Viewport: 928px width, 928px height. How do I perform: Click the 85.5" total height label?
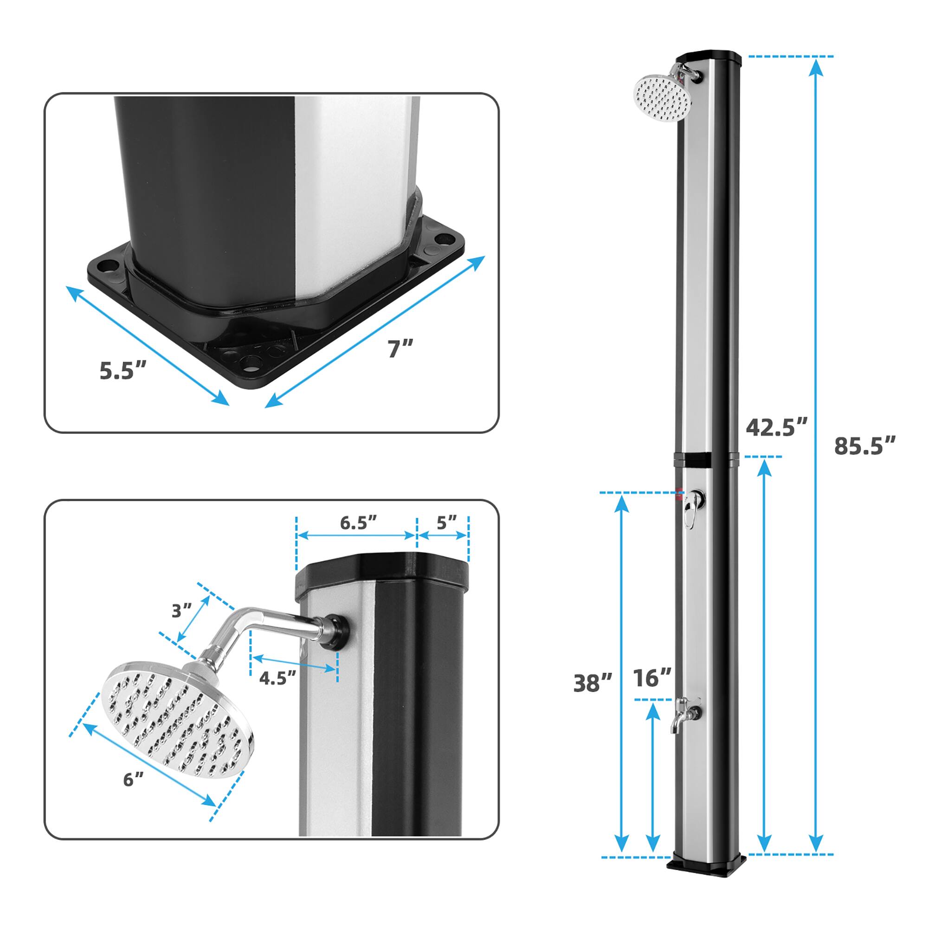864,446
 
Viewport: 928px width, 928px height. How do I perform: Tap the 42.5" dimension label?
777,427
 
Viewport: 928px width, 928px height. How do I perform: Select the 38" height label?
593,683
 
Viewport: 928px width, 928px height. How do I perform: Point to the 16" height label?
652,678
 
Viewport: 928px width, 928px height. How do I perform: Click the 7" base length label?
400,349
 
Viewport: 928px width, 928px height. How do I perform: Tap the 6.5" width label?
358,523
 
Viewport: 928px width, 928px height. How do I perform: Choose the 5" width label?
446,522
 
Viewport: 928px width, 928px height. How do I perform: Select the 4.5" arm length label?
277,678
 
